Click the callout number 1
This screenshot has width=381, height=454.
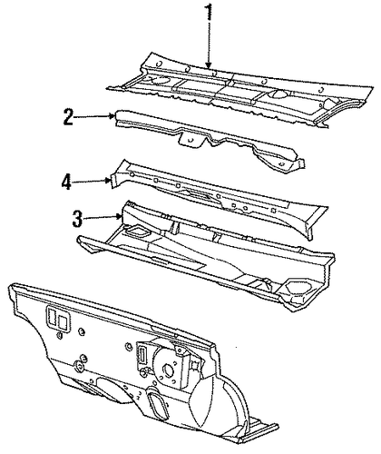210,13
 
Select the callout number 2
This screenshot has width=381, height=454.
69,117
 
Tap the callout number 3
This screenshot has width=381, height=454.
77,219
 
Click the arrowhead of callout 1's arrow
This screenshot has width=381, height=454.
208,64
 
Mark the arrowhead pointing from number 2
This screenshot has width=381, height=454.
112,116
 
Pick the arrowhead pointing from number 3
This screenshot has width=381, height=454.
119,216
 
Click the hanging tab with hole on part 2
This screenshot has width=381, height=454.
191,139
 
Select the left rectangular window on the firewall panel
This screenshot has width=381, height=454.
51,316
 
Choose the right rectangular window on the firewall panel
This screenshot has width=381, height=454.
63,321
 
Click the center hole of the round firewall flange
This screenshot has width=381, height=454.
167,369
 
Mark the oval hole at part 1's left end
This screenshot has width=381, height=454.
160,79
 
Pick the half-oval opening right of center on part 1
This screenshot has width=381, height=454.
279,94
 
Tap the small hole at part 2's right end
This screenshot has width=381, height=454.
281,164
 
